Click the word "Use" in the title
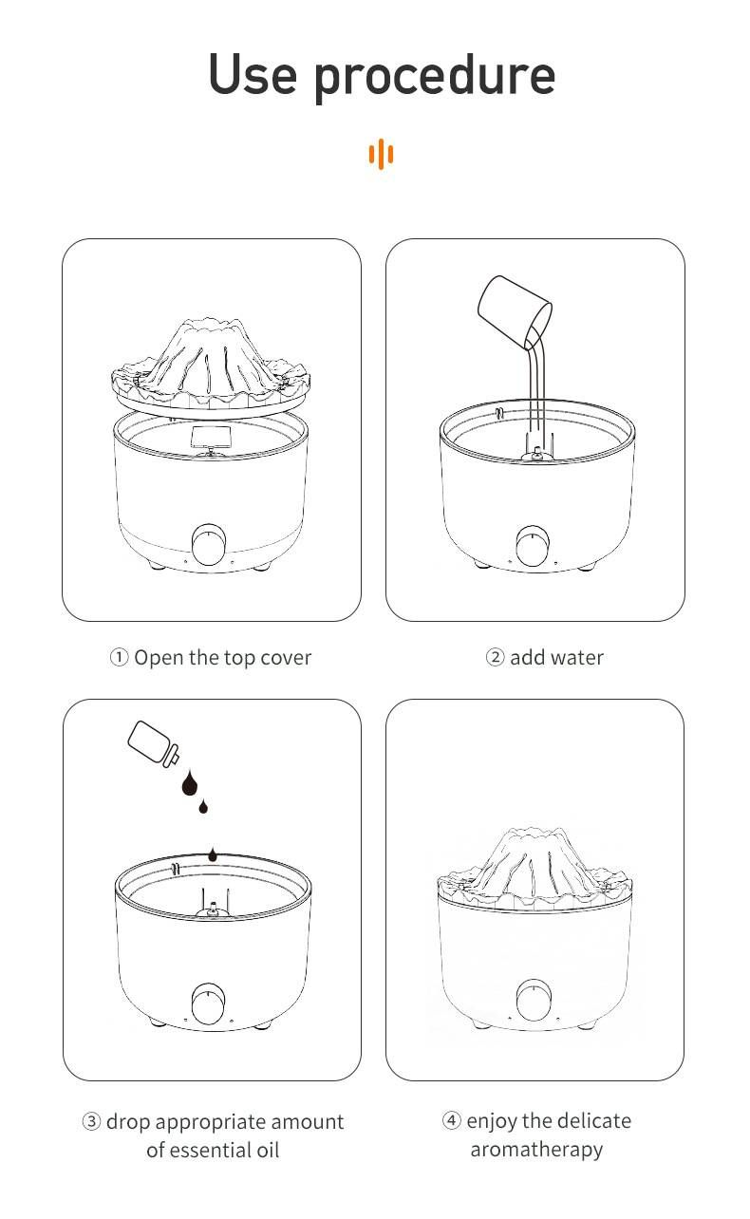click(x=252, y=74)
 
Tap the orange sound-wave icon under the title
click(x=381, y=154)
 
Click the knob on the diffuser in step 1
click(x=208, y=544)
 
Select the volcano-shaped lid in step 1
click(x=212, y=366)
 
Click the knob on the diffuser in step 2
click(x=533, y=545)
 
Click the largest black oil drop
click(x=191, y=784)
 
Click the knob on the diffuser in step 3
click(x=209, y=1003)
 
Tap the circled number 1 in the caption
click(x=119, y=657)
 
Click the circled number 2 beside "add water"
click(x=495, y=657)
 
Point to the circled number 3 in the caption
click(x=92, y=1121)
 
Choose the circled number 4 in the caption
click(x=452, y=1120)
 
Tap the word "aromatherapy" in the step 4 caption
click(x=536, y=1150)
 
